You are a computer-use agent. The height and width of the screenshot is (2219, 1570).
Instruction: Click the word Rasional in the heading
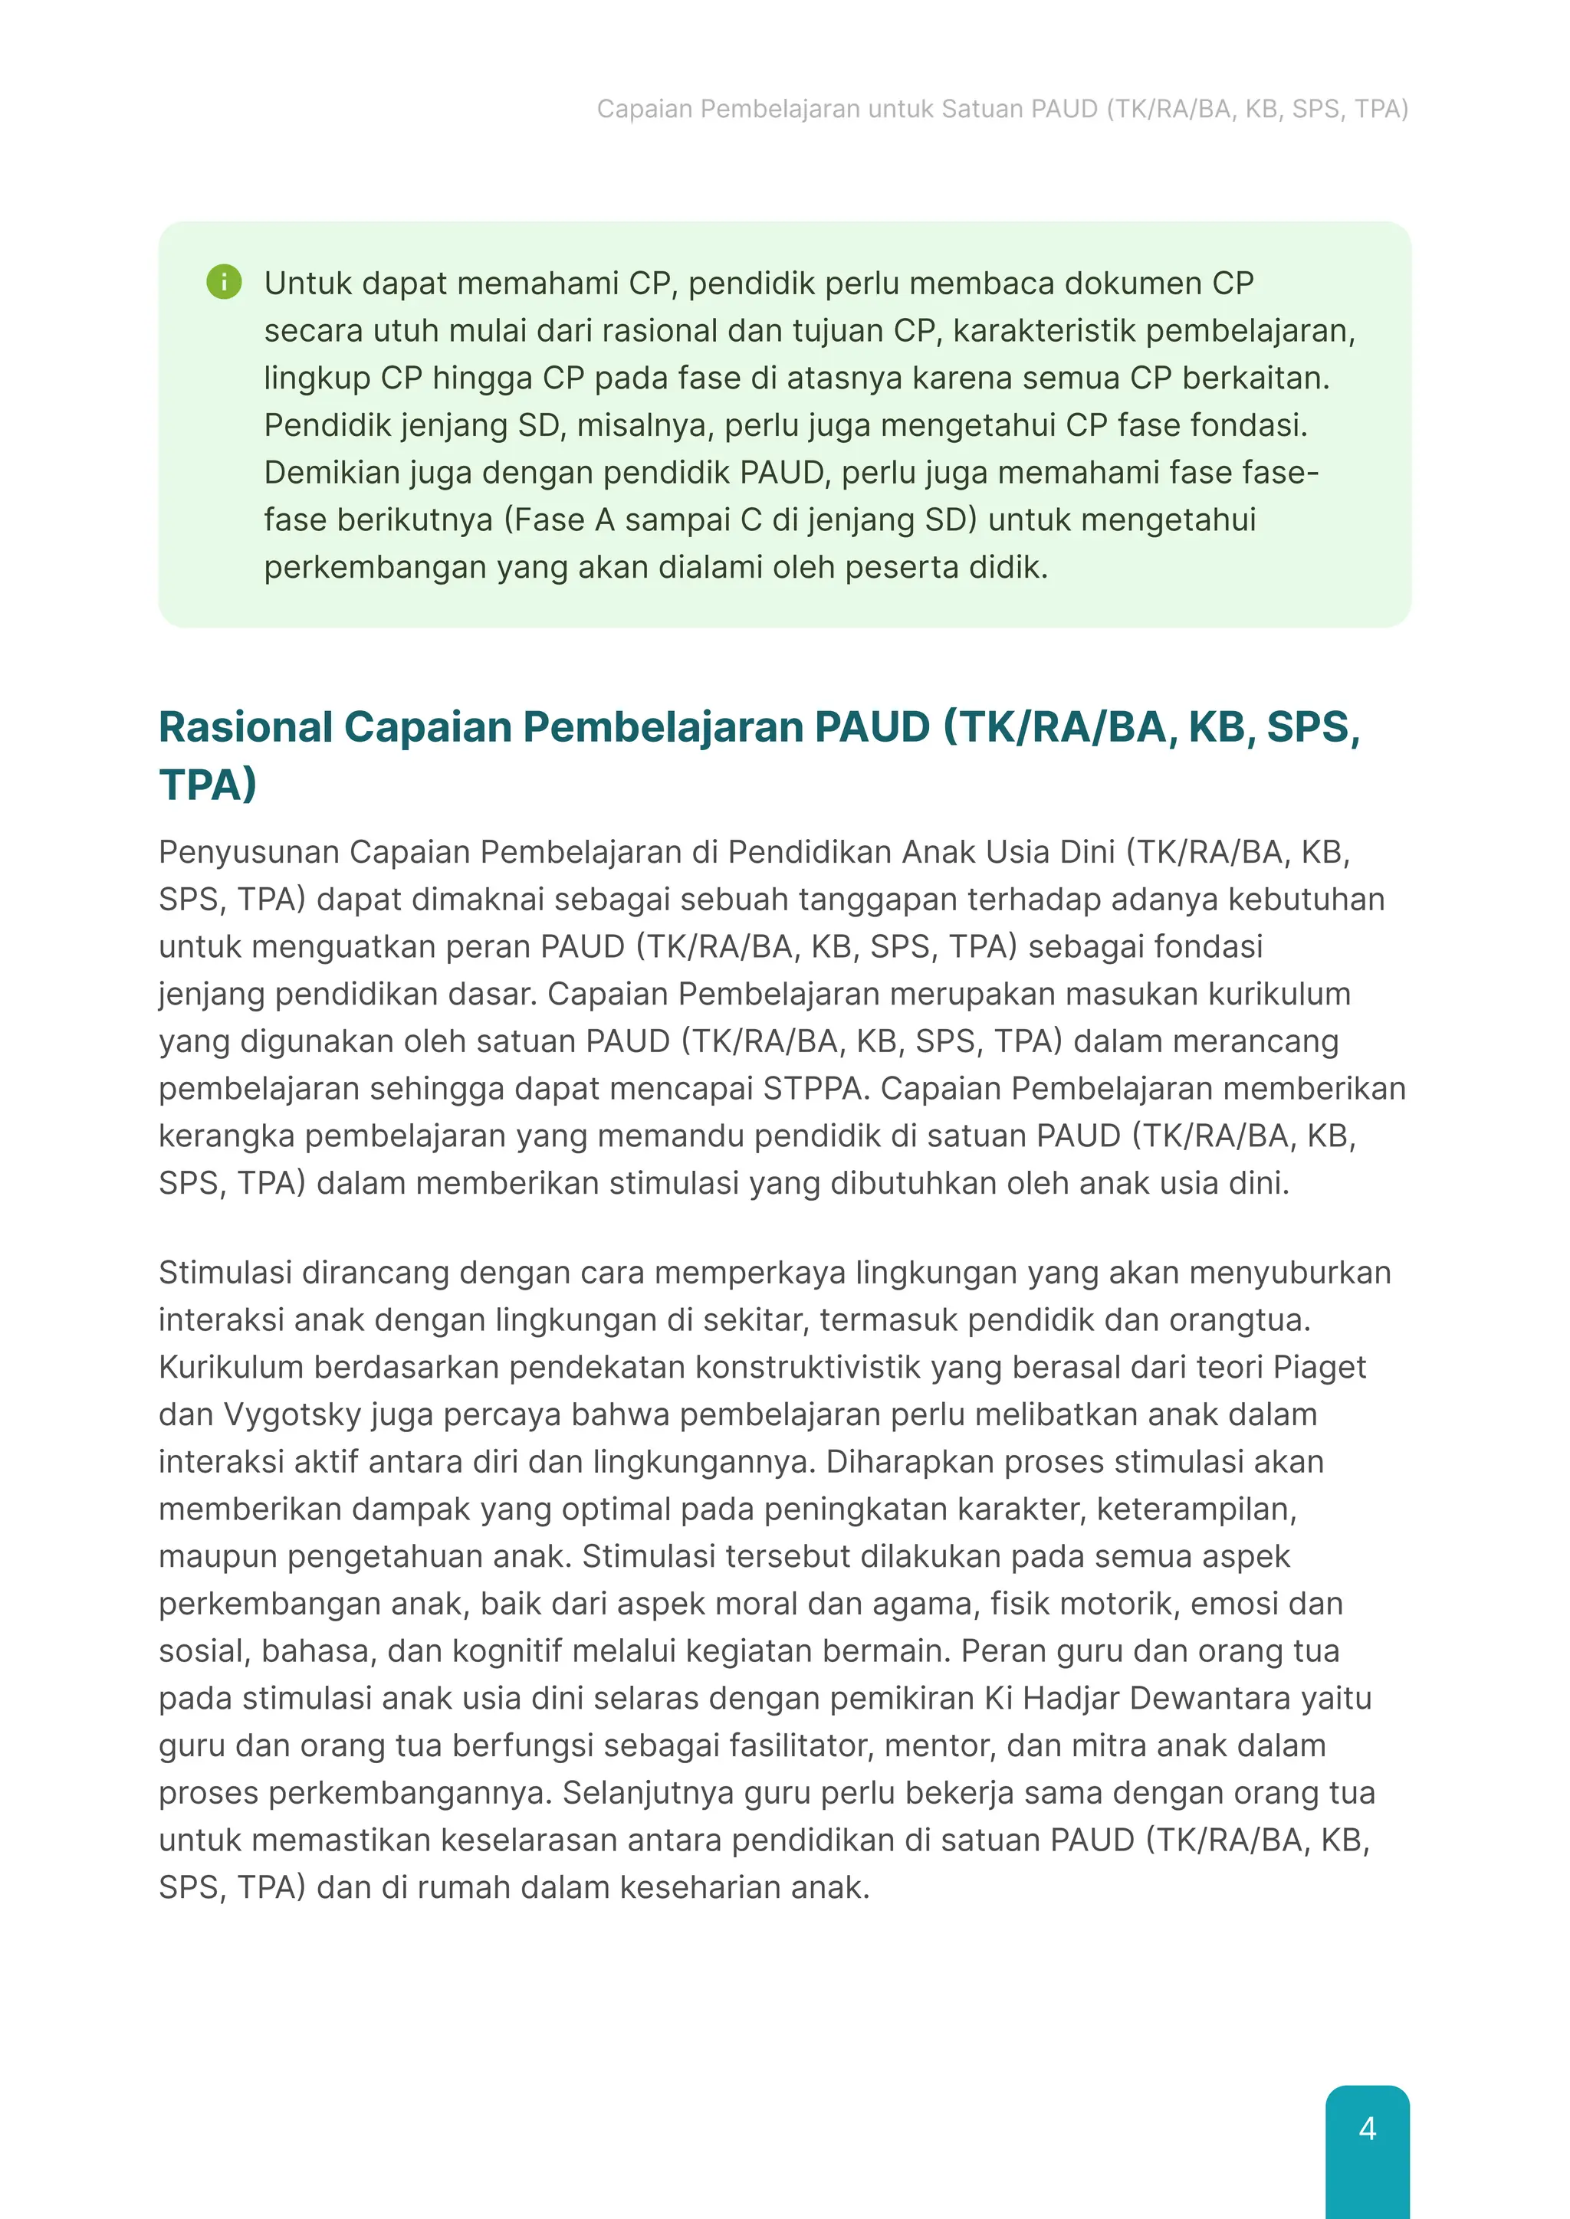coord(245,727)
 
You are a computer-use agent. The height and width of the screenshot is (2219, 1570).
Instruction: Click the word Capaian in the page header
coord(644,110)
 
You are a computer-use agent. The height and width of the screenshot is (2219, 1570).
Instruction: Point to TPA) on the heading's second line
coord(208,784)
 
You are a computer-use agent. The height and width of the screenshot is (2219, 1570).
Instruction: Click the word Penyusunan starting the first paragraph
coord(248,852)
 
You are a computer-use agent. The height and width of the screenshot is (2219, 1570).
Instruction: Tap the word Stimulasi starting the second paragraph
coord(225,1273)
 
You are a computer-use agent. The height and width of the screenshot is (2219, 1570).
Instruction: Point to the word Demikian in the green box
coord(332,473)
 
